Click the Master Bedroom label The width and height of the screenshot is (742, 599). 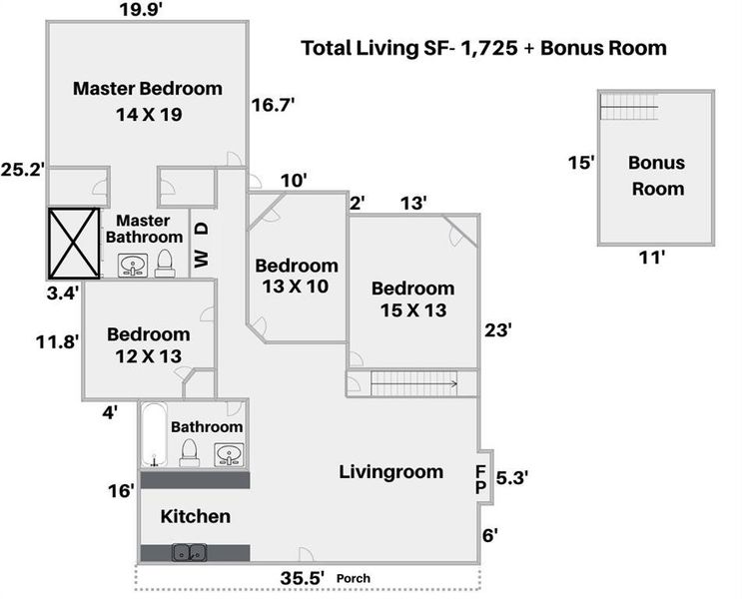[x=147, y=89]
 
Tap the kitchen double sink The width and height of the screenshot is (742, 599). [x=190, y=552]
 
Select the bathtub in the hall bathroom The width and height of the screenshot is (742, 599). [x=154, y=436]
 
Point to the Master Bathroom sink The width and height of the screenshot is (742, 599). [x=133, y=266]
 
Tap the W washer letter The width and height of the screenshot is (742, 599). [x=201, y=259]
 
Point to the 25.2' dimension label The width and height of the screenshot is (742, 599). [x=22, y=170]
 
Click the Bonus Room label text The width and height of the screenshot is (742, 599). [x=656, y=175]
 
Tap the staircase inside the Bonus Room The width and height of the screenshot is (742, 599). [x=629, y=106]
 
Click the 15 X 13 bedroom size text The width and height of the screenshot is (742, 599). [x=412, y=310]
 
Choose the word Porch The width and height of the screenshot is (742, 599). [x=354, y=579]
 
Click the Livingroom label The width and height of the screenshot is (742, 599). [x=389, y=471]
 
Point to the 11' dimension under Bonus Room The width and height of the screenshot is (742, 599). [x=651, y=259]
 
